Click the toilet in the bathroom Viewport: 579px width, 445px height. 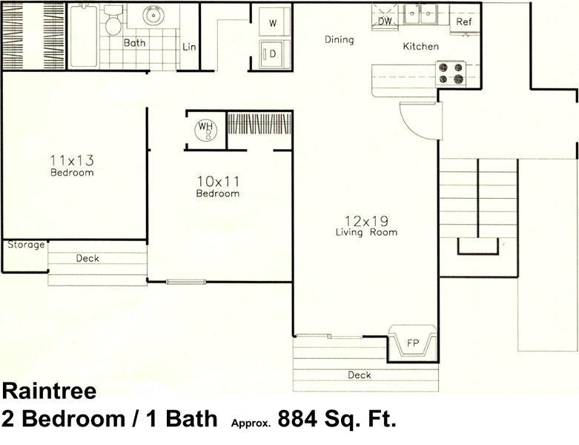coord(113,21)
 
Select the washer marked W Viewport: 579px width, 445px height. coord(273,22)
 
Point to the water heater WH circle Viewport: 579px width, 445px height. coord(205,129)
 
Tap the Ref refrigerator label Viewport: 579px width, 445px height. coord(464,22)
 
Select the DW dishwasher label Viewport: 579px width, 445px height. coord(385,21)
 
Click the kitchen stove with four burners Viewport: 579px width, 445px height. coord(451,73)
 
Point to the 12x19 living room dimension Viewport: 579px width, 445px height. coord(366,221)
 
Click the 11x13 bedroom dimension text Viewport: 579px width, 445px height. coord(72,160)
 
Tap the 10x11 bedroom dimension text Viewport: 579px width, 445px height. coord(218,181)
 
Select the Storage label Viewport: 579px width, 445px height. coord(26,245)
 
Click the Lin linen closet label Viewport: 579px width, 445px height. coord(189,47)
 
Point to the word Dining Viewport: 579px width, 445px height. coord(340,39)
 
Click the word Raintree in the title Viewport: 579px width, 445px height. coord(50,391)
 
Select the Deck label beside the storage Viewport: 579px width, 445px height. coord(87,258)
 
